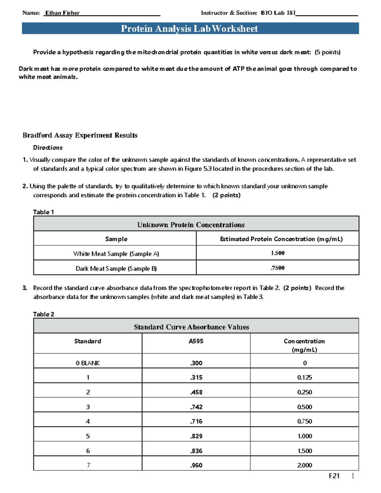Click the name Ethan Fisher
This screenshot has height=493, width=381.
click(x=62, y=13)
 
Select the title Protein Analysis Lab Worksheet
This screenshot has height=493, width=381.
click(x=189, y=29)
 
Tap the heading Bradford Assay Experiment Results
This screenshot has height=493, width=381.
click(x=80, y=135)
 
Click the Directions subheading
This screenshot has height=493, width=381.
click(x=48, y=148)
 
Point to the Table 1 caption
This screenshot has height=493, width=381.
click(x=43, y=212)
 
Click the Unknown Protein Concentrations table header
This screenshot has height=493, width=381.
click(x=191, y=225)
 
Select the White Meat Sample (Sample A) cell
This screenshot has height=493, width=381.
click(x=116, y=254)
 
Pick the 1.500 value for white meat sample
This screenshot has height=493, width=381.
click(x=277, y=253)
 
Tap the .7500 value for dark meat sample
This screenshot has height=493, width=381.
click(x=277, y=268)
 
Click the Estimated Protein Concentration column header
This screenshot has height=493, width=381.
click(x=281, y=239)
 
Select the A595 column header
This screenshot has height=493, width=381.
click(x=196, y=341)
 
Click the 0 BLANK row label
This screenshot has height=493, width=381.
click(x=88, y=363)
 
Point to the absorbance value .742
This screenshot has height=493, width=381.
click(x=196, y=407)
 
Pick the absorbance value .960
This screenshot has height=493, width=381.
click(x=196, y=465)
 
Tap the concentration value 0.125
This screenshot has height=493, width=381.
click(x=304, y=377)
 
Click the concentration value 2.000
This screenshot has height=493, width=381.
click(x=304, y=465)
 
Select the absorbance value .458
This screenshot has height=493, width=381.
click(x=196, y=392)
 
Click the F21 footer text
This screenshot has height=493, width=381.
click(x=334, y=476)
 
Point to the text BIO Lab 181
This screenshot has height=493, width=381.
click(x=278, y=13)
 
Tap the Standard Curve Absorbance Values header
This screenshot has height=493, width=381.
click(x=191, y=327)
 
